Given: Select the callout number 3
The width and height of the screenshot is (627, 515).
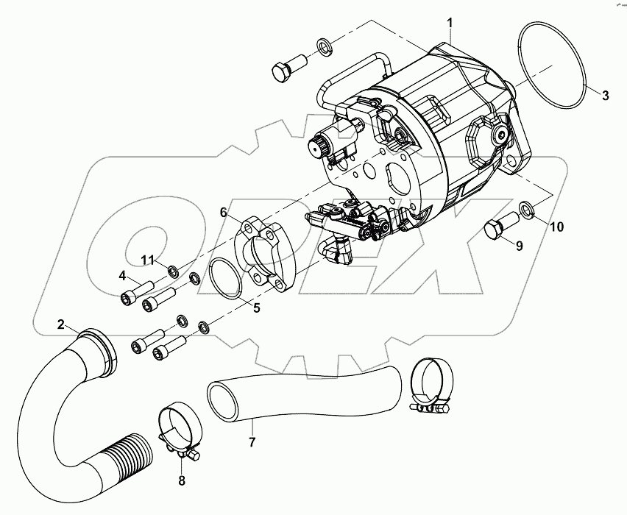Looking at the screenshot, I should point(605,95).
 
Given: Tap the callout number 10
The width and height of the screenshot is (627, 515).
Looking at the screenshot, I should point(556,227).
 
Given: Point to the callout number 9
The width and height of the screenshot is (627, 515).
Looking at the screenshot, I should point(519,246).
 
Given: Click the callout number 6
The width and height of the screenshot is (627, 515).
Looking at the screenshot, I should point(223,212).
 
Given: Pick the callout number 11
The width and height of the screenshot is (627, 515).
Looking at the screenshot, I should point(148,260).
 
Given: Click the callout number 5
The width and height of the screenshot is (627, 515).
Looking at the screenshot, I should point(256,308).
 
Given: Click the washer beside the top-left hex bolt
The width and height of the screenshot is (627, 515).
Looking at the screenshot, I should point(325,48).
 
